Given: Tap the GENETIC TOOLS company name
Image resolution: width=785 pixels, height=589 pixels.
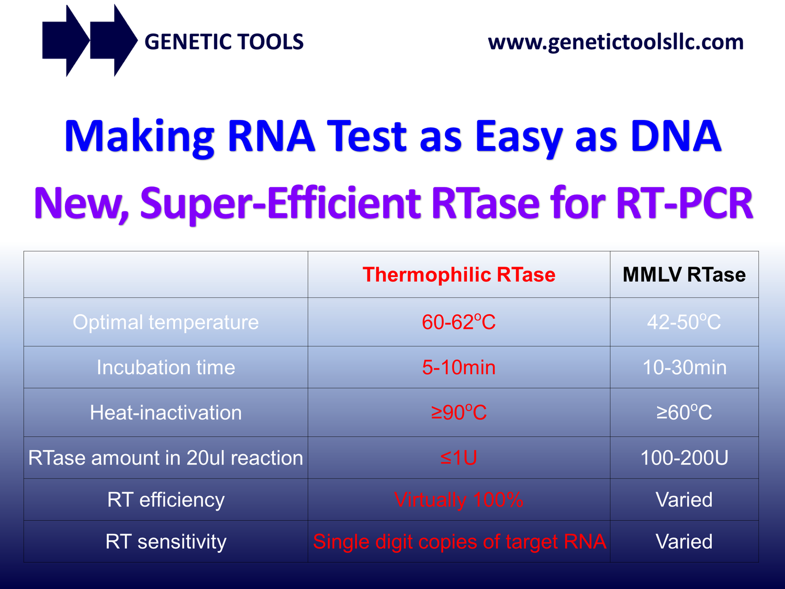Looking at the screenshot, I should click(223, 42).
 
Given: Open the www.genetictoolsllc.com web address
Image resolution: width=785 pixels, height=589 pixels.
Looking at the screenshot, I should click(615, 42).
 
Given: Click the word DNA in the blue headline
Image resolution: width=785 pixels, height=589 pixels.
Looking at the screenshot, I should click(676, 136).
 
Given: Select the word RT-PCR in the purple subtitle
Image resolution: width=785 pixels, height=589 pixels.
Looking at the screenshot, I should click(685, 203).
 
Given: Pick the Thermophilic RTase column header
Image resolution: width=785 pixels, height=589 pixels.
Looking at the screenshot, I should click(459, 275).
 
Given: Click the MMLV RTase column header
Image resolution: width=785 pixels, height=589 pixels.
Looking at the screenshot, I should click(684, 275).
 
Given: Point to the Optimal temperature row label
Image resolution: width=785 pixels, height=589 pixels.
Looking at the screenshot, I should click(165, 322).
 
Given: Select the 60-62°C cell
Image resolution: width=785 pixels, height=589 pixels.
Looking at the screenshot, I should click(459, 322).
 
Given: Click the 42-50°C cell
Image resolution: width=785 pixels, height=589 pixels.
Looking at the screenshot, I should click(684, 322).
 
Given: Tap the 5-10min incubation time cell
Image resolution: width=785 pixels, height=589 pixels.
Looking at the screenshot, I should click(459, 368).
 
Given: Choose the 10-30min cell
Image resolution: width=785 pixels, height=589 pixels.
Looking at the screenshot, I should click(684, 368).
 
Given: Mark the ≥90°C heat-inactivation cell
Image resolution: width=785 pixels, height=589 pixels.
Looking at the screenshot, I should click(459, 413).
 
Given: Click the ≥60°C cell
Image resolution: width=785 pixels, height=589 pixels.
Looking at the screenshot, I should click(684, 413).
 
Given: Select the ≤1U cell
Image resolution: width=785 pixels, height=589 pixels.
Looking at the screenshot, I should click(459, 458).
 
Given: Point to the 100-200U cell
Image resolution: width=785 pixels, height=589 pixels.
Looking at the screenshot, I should click(684, 458).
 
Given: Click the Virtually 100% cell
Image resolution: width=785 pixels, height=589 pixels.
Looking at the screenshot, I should click(459, 499).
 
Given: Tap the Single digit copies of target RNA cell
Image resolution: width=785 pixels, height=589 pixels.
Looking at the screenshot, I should click(459, 541).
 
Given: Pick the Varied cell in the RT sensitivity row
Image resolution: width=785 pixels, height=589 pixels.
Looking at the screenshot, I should click(684, 541).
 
